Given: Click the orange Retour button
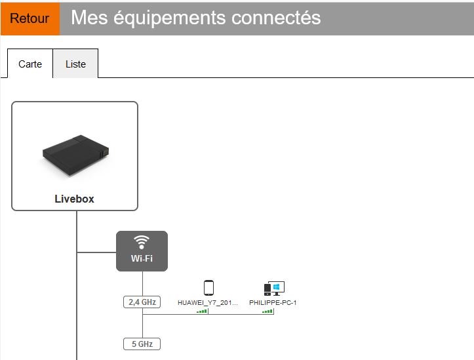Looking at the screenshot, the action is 30,19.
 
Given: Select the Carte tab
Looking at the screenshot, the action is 30,64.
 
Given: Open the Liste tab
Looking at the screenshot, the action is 75,64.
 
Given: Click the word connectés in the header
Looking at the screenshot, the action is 276,18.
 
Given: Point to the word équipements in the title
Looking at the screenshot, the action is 170,18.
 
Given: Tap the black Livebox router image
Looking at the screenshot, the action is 75,155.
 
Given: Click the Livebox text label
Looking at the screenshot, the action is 74,199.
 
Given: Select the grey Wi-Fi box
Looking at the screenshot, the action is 142,251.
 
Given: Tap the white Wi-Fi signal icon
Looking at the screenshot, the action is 142,242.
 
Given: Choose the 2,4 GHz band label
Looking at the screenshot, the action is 142,302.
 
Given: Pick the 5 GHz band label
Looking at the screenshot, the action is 142,344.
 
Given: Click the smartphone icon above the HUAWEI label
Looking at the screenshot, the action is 208,288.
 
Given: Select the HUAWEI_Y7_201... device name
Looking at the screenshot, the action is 208,302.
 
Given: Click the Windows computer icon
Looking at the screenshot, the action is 274,289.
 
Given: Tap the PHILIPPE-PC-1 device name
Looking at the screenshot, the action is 273,302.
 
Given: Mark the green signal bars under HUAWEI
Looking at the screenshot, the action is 202,311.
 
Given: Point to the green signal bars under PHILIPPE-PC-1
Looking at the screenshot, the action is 267,311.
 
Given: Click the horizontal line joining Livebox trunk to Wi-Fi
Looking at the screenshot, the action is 97,252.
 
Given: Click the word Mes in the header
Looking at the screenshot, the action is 89,18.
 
